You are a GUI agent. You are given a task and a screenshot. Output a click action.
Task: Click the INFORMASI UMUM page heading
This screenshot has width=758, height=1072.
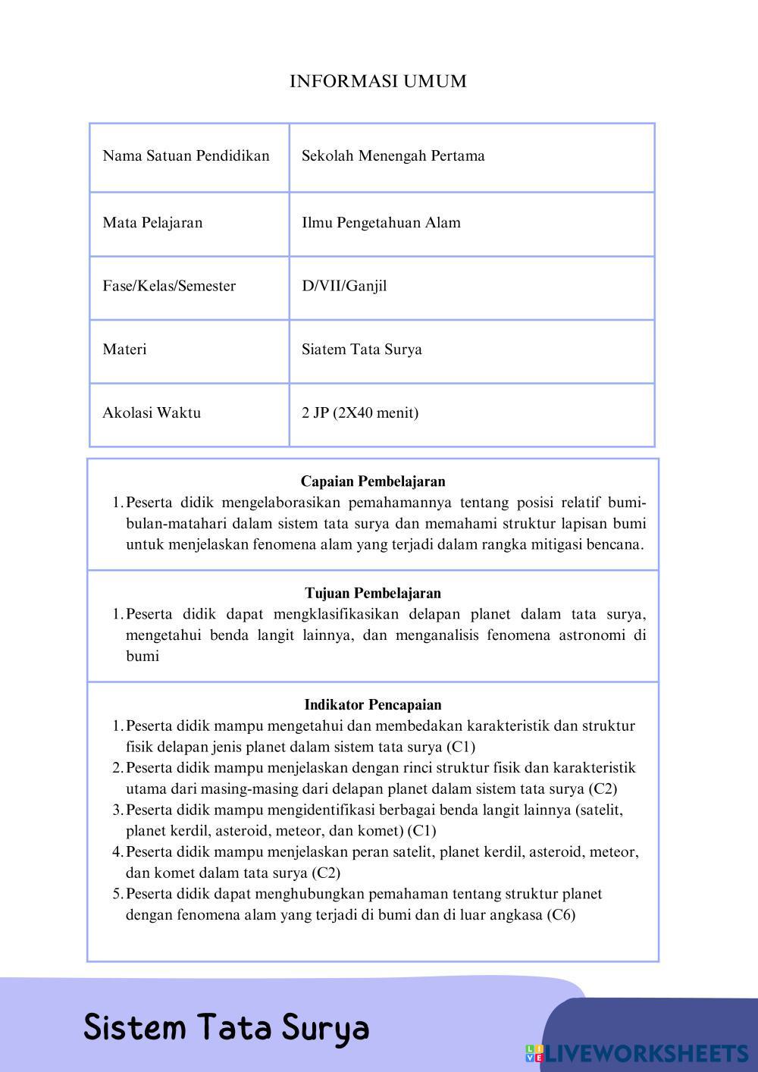click(377, 81)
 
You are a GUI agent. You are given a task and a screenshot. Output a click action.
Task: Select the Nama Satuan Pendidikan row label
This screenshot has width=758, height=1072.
click(186, 156)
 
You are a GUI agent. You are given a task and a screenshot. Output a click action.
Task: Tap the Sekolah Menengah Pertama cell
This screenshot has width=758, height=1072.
click(393, 156)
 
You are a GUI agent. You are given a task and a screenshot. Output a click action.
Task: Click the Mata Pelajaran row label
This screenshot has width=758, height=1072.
click(152, 223)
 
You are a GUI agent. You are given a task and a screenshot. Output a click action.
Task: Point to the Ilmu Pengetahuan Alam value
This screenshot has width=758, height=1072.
click(381, 223)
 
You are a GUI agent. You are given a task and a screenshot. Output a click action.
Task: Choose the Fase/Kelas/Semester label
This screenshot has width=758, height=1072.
click(169, 287)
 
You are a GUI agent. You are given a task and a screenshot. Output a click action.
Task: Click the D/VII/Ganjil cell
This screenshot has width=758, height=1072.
click(344, 287)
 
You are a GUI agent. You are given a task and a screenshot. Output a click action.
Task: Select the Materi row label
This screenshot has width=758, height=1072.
click(124, 349)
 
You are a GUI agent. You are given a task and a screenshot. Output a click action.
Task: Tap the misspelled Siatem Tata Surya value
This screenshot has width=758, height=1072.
click(362, 349)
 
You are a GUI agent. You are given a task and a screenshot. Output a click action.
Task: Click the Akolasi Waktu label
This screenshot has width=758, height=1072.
click(152, 413)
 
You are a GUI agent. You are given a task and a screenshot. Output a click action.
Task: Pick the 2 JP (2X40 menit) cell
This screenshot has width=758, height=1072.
click(360, 413)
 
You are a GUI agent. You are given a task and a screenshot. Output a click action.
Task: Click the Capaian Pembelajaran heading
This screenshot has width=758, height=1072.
click(373, 481)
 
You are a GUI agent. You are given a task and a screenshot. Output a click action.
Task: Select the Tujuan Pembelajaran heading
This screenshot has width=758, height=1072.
click(373, 593)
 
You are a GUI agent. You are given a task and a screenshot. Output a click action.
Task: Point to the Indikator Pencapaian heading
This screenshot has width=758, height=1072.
click(373, 705)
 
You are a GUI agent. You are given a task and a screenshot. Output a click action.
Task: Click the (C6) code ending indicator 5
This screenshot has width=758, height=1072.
click(560, 915)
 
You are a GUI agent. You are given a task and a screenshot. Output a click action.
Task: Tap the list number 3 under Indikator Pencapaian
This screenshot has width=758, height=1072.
click(117, 810)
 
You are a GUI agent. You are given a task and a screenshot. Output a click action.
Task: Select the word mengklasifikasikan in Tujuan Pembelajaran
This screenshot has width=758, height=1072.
click(335, 614)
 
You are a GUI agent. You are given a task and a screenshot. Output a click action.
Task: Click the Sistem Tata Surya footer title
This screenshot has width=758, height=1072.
click(226, 1028)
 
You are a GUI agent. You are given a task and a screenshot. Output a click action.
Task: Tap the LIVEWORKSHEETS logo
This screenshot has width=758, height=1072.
click(637, 1053)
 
